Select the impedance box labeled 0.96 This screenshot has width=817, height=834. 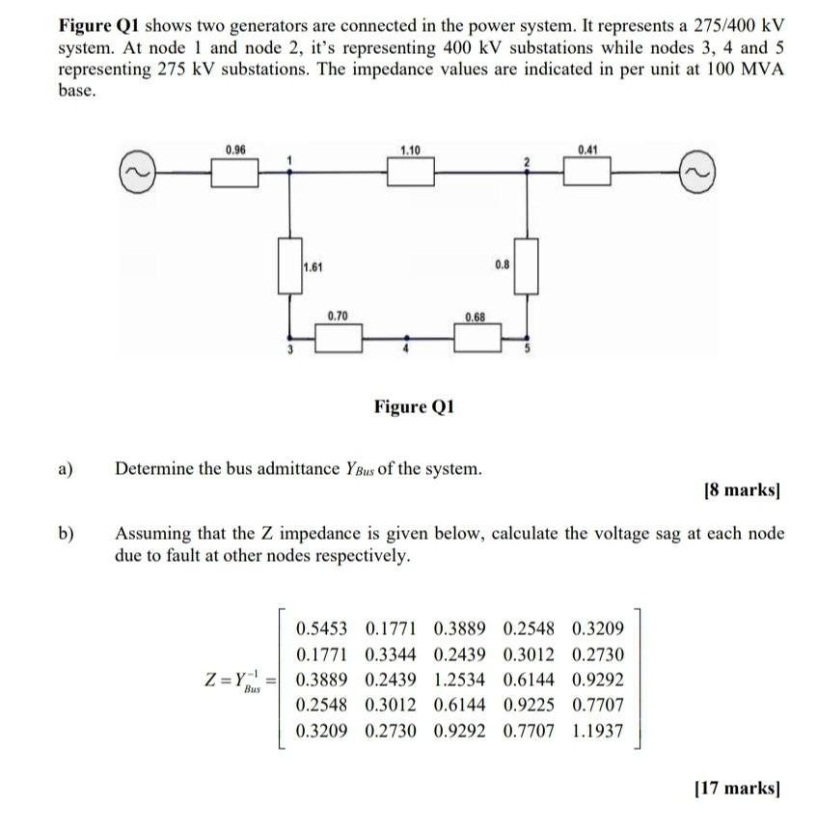235,172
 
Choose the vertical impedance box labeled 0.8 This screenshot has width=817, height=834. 525,267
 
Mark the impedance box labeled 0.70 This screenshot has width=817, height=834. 338,337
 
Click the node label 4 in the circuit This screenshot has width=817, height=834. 406,350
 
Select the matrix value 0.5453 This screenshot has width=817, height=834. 322,628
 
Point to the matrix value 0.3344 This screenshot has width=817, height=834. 392,653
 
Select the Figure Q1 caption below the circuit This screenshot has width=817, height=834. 414,406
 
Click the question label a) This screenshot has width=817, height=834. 67,470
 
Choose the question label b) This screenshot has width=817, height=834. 67,533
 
